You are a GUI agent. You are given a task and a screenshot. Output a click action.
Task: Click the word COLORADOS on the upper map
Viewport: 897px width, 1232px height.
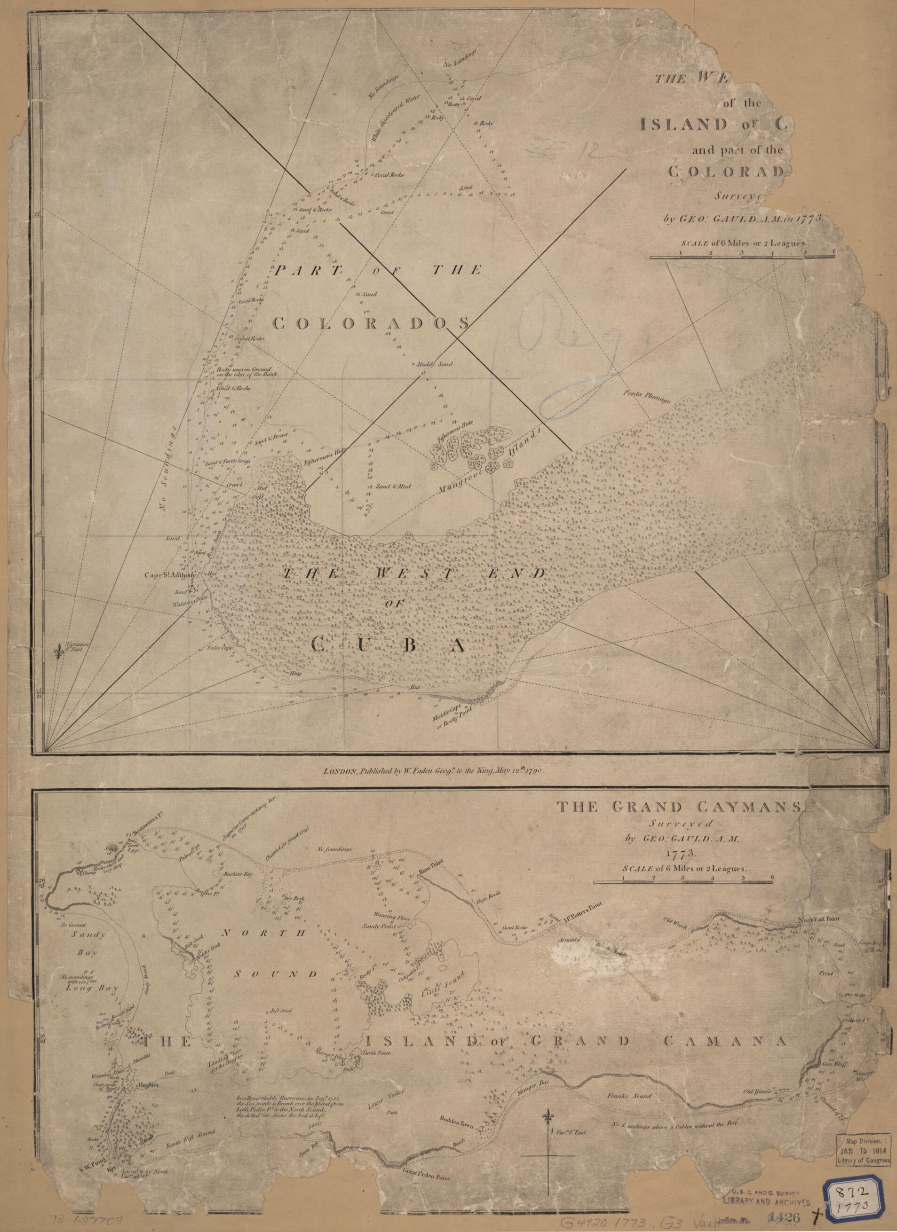click(x=370, y=324)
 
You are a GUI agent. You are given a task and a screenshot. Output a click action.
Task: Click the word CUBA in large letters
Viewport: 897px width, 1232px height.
click(x=388, y=646)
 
